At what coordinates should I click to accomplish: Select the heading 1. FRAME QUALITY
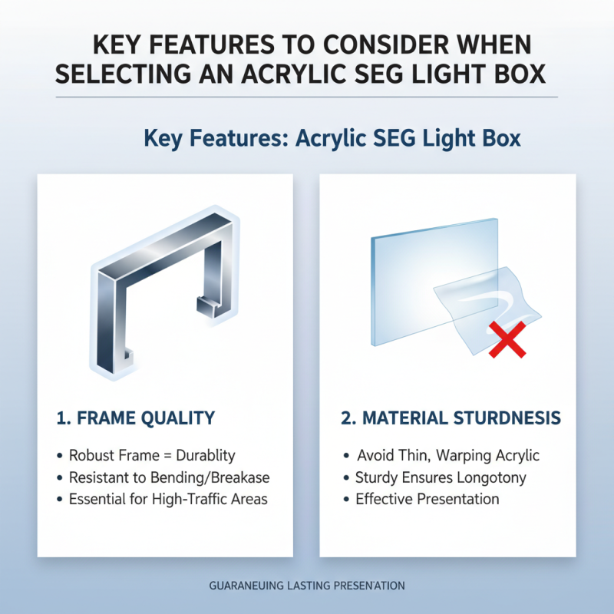point(136,418)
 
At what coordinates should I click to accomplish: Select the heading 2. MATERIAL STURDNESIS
point(451,418)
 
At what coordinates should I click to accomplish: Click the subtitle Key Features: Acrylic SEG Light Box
point(332,139)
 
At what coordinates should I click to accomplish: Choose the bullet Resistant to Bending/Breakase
point(169,477)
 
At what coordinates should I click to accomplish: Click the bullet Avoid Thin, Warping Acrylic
point(447,455)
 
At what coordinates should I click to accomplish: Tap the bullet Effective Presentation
point(427,500)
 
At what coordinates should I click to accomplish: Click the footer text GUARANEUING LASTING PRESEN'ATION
point(306,586)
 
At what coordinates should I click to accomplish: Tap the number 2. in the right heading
point(348,418)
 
